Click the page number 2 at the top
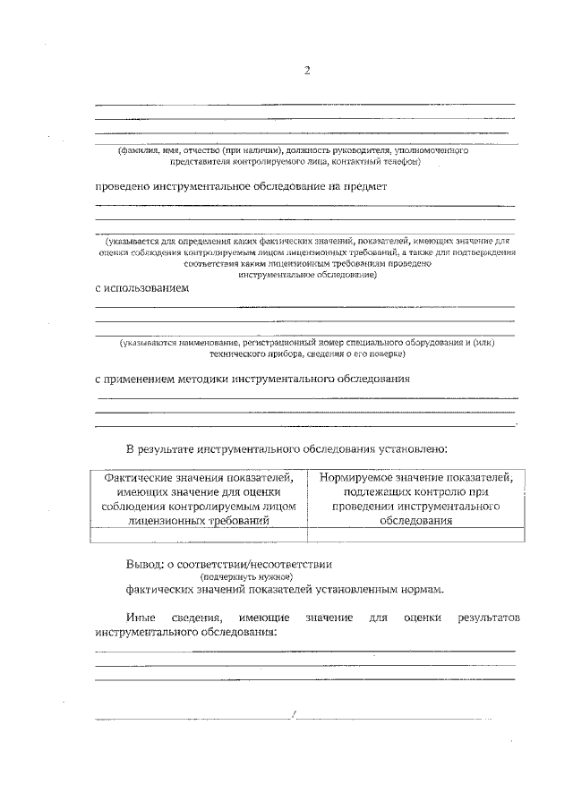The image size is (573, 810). (x=306, y=71)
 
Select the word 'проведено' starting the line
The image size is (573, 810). (x=124, y=187)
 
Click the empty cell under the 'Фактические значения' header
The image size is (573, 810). (x=199, y=535)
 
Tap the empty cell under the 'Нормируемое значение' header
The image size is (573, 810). (x=415, y=535)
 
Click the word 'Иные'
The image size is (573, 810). (x=141, y=618)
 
